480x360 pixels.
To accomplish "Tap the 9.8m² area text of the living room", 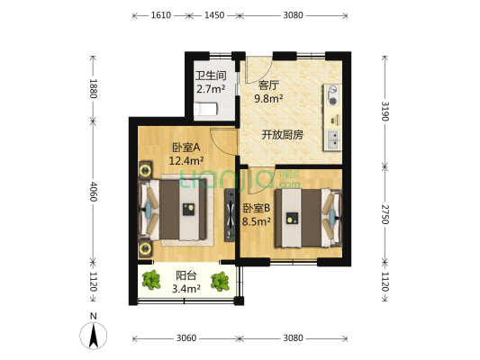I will click(269, 99).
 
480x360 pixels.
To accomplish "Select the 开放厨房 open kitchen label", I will click(282, 135).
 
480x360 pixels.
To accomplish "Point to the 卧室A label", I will click(186, 148).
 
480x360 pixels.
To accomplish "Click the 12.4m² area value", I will click(186, 162).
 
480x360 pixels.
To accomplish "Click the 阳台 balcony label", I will click(186, 276).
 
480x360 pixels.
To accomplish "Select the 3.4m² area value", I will click(186, 289).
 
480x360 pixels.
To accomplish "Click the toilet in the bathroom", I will click(207, 109).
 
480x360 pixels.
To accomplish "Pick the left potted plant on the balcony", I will click(152, 282).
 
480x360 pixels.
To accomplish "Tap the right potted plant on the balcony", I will click(219, 282).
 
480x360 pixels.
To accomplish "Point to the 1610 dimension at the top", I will click(160, 16).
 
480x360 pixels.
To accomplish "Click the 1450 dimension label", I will click(214, 16).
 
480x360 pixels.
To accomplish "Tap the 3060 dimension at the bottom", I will click(186, 338).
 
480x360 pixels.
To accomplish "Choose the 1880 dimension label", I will click(93, 88).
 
